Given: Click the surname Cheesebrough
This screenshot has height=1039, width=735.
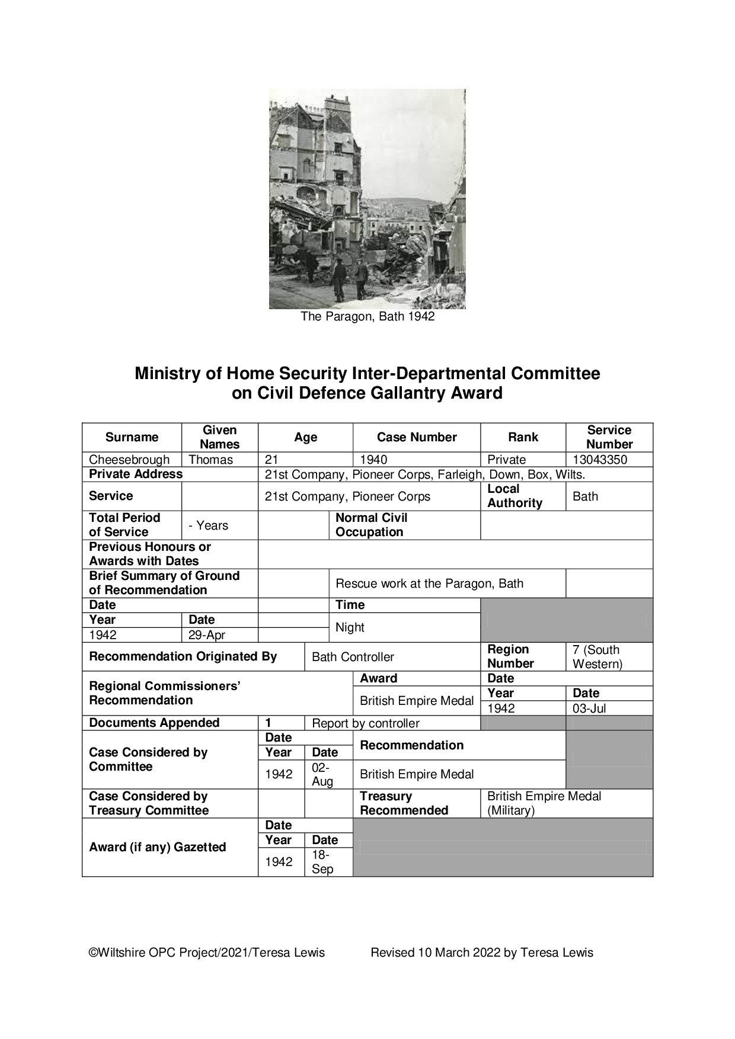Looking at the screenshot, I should [129, 460].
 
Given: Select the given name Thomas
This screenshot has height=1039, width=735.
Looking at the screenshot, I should [211, 460].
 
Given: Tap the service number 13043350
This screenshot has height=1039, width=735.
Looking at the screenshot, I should [600, 460].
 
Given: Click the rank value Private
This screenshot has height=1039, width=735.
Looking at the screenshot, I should [507, 460].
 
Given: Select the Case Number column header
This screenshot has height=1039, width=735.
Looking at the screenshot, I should [417, 437].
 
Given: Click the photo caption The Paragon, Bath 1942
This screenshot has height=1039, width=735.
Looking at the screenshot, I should [367, 316].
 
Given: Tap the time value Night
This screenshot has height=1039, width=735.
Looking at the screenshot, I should [350, 627].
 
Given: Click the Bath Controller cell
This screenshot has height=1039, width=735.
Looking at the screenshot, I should [353, 657].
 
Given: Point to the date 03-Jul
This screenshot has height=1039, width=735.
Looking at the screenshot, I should [589, 708].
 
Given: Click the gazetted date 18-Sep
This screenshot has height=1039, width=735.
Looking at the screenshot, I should [323, 862].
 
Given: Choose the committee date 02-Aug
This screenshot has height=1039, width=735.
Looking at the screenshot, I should [323, 774].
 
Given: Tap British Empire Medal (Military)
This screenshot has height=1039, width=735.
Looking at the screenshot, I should [544, 803].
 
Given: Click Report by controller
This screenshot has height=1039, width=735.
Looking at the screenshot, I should [366, 723].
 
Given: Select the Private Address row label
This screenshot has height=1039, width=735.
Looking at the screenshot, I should [136, 474].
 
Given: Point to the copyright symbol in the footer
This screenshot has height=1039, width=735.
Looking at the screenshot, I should [93, 953].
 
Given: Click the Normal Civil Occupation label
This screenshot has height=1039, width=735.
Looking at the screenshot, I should [372, 525].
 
